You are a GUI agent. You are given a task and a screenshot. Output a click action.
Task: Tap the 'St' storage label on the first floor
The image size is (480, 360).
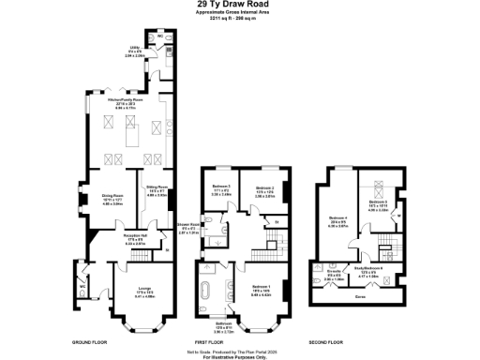[x=276, y=222]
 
